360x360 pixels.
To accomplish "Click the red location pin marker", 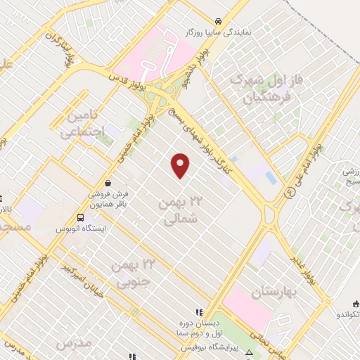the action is [x=181, y=165].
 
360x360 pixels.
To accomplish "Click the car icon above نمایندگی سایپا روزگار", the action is [x=219, y=20].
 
